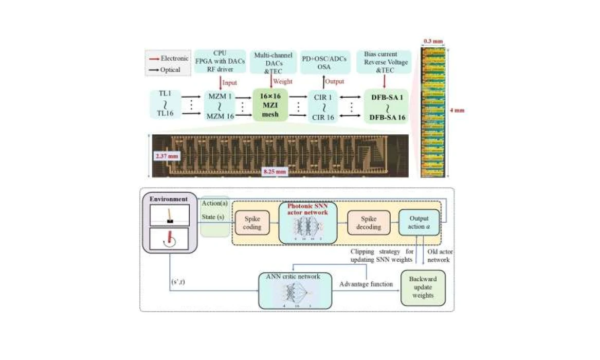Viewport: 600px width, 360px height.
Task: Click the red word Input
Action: pyautogui.click(x=229, y=82)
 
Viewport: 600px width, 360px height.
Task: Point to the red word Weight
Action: pyautogui.click(x=282, y=82)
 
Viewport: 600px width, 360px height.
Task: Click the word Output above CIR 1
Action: pyautogui.click(x=335, y=82)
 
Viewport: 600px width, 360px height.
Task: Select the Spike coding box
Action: pyautogui.click(x=252, y=222)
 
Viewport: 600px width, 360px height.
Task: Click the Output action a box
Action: pyautogui.click(x=419, y=222)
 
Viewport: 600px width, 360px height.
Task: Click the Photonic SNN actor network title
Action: pyautogui.click(x=307, y=208)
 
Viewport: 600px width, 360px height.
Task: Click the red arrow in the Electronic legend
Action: pyautogui.click(x=153, y=59)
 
